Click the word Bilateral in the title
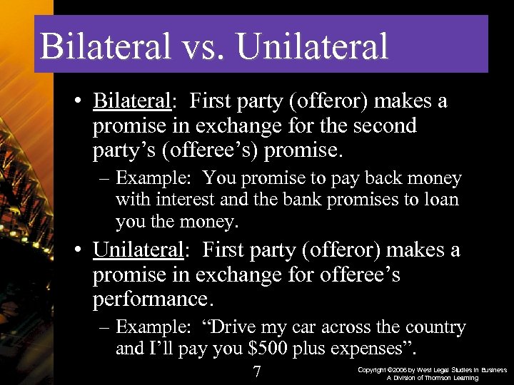(x=106, y=46)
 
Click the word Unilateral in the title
(x=313, y=46)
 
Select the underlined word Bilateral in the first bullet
(x=132, y=102)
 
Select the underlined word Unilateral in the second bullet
(x=138, y=251)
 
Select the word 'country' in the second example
(x=433, y=328)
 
